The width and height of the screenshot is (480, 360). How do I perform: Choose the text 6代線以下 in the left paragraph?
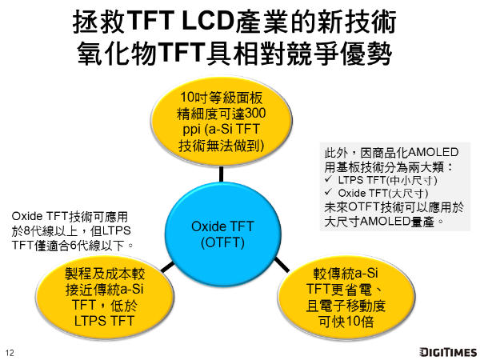coord(96,244)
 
